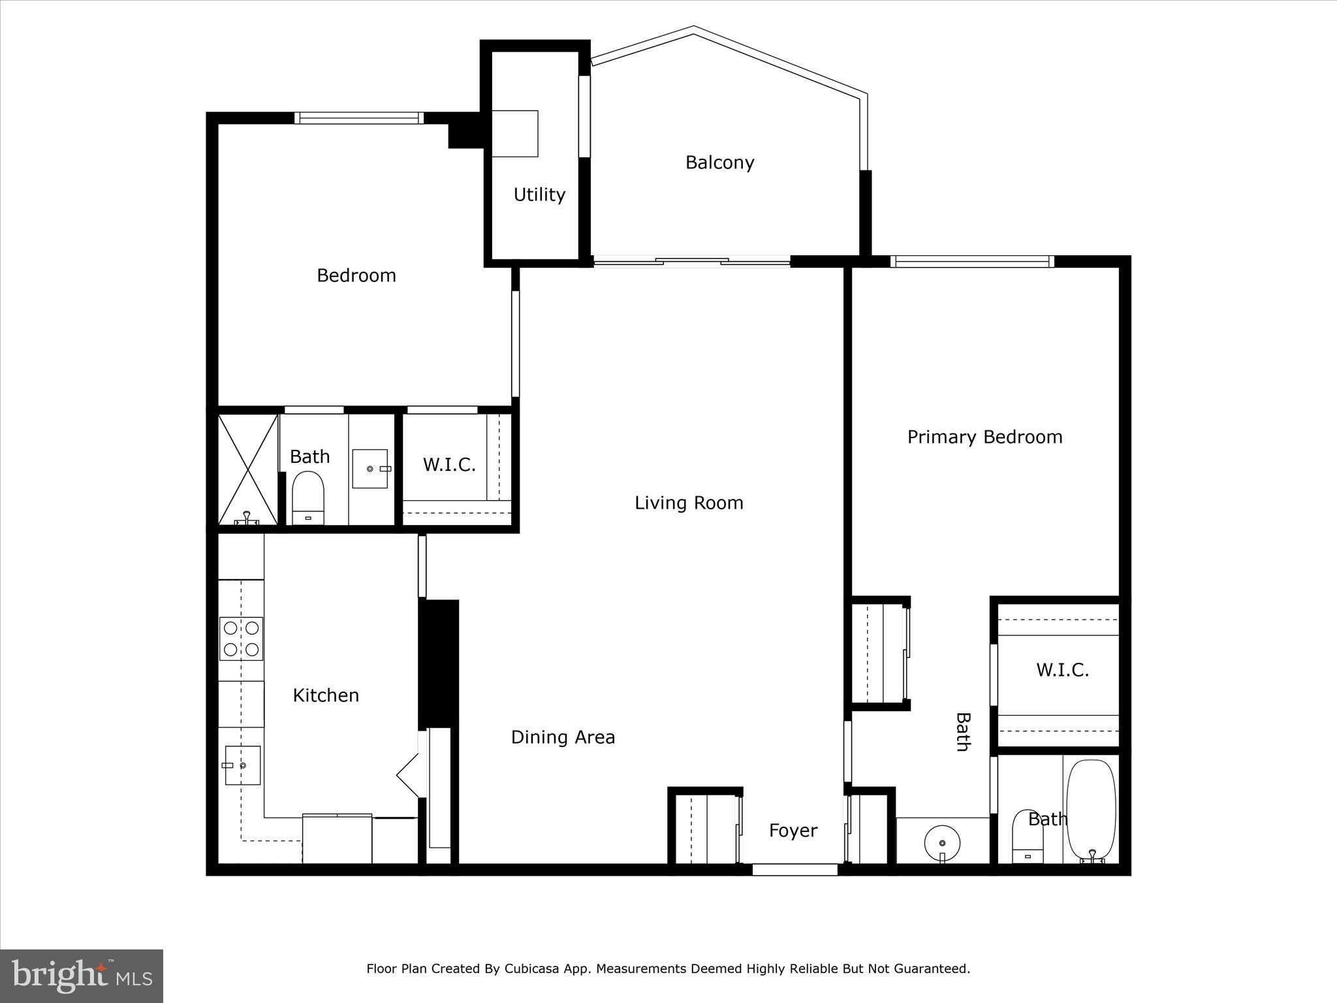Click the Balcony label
coord(719,163)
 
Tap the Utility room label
coord(539,195)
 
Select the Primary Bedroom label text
coord(984,437)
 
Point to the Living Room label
coord(689,503)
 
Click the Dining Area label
coord(563,737)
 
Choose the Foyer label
coord(793,831)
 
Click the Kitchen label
coord(326,695)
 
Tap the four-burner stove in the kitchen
coord(241,639)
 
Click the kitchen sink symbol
coord(242,765)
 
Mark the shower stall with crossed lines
coord(247,469)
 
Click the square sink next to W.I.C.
coord(370,469)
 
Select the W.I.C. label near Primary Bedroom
coord(1062,670)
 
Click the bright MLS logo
coord(82,976)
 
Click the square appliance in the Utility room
coord(514,133)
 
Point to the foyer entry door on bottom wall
coord(794,870)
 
